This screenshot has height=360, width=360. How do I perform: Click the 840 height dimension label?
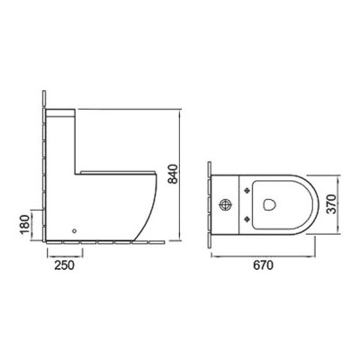[174, 174]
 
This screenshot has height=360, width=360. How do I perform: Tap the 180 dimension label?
[26, 225]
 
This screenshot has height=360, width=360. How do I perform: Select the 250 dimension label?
[64, 265]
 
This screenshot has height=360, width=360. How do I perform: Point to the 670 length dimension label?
[264, 265]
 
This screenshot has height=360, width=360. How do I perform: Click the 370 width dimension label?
[331, 204]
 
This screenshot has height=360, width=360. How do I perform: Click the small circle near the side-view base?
[75, 230]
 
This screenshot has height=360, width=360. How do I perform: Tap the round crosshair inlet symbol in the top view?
[226, 205]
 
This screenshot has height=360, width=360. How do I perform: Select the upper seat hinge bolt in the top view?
[247, 190]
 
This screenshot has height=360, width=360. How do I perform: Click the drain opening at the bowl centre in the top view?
[269, 204]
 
